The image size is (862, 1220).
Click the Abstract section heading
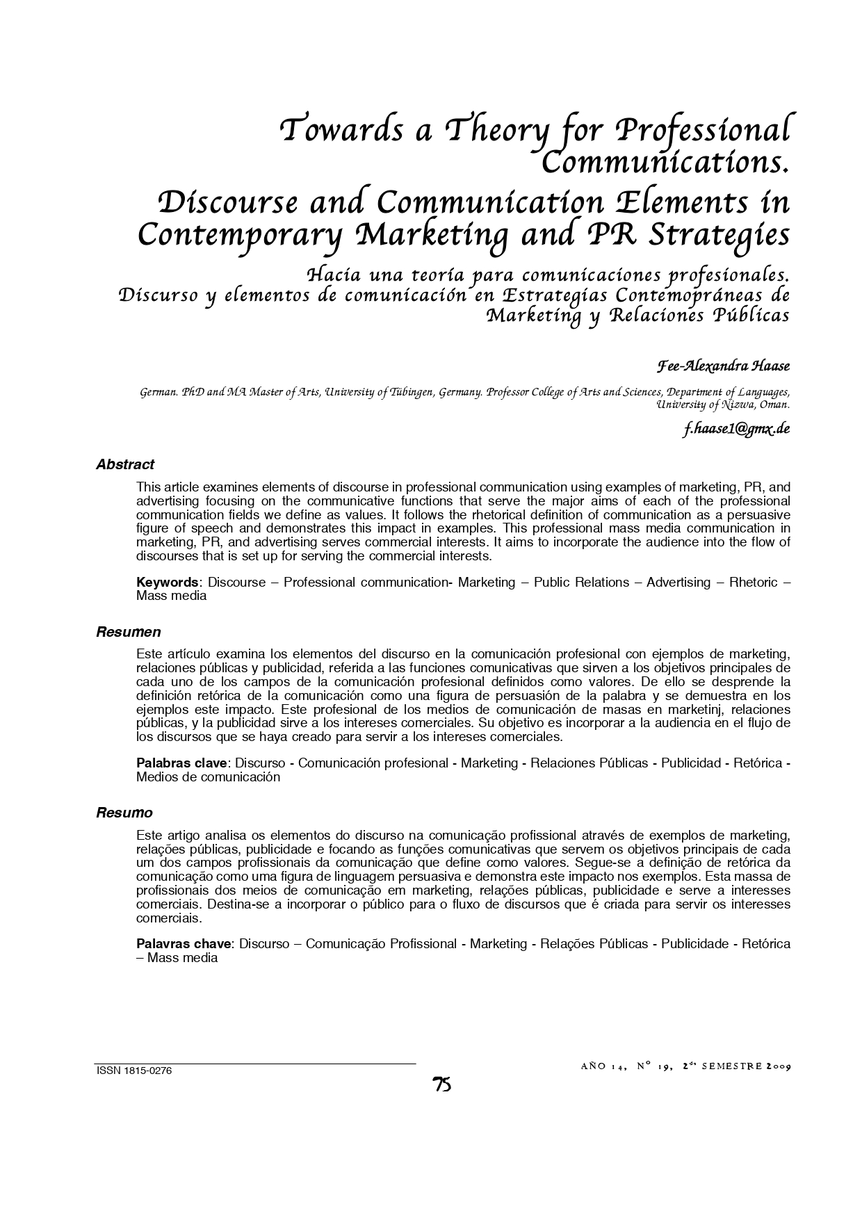(125, 464)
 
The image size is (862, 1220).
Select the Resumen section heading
(129, 632)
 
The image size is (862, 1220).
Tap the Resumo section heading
(124, 813)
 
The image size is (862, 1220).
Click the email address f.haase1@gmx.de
(736, 429)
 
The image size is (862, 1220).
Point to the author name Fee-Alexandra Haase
(723, 366)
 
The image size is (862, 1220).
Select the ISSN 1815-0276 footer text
(133, 1071)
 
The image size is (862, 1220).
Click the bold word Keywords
(168, 583)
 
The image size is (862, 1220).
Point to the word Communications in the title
(664, 163)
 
